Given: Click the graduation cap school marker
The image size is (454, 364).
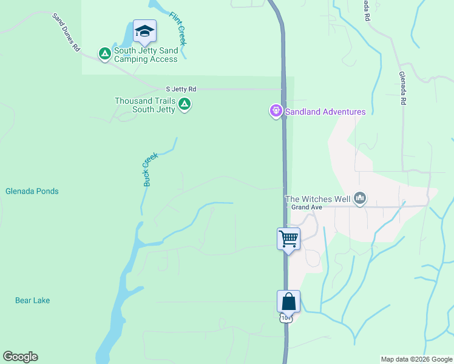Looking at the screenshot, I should (144, 31).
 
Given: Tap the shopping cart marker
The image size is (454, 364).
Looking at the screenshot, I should (289, 238).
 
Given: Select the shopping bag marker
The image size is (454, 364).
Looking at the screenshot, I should (289, 301).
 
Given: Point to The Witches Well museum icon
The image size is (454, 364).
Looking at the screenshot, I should (361, 197).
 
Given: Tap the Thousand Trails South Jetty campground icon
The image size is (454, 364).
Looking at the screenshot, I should (185, 105).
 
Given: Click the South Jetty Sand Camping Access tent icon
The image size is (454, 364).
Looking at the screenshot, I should (105, 55).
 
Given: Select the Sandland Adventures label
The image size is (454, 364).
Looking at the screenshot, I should (326, 112).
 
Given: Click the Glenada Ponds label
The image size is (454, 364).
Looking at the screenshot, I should (32, 191).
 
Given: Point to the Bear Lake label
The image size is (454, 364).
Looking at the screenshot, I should (33, 300).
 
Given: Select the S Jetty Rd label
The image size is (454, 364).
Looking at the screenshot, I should (181, 89).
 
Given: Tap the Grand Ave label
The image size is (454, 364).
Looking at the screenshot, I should (306, 207).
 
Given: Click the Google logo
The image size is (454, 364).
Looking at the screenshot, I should (20, 357).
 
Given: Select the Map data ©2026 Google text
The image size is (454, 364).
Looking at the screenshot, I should (416, 359).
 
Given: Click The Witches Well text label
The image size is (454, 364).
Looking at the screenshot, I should (318, 198).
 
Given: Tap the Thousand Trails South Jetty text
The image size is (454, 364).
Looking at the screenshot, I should (146, 105).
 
